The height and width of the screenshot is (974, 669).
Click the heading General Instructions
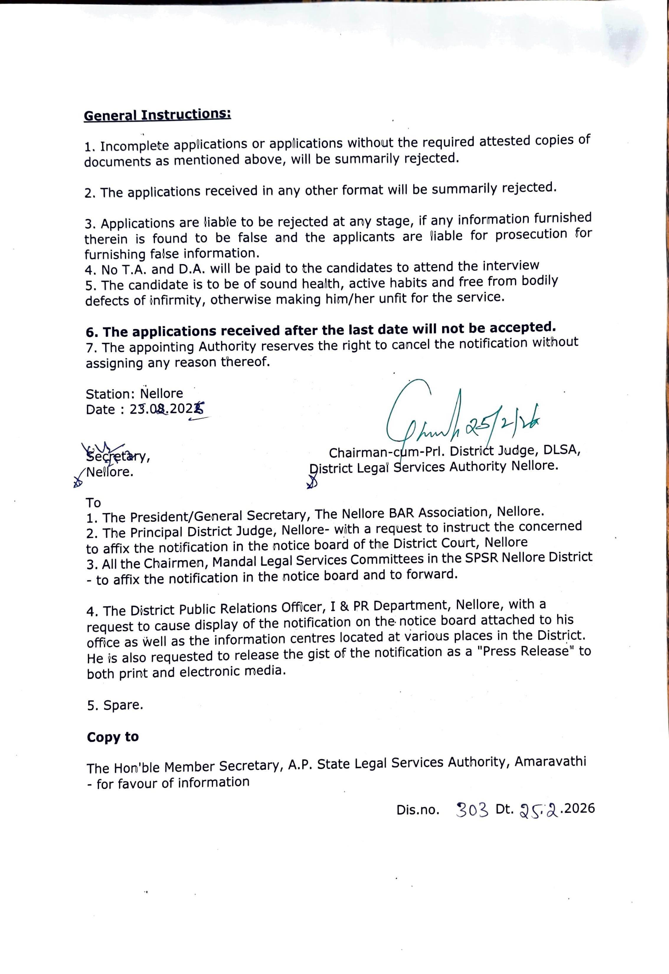coord(157,115)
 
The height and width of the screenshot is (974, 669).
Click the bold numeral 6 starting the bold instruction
coord(91,332)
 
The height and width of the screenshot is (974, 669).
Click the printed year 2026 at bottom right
coord(580,808)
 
